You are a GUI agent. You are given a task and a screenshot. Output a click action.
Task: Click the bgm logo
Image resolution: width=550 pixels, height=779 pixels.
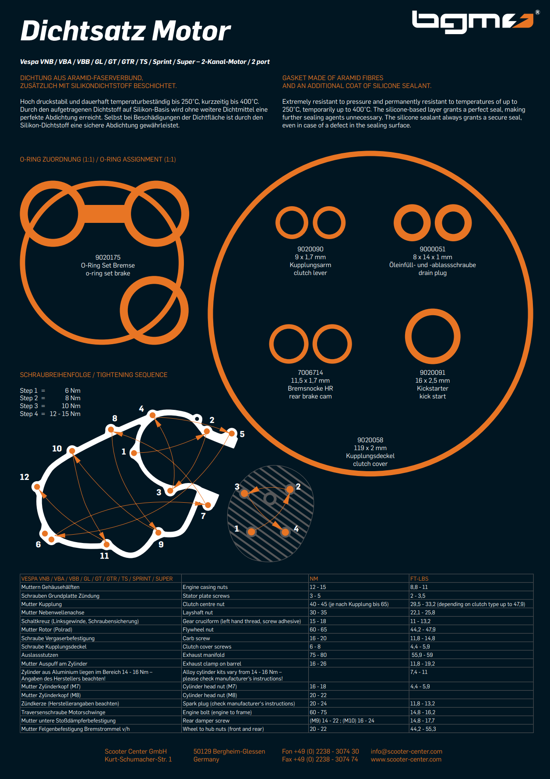coord(473,22)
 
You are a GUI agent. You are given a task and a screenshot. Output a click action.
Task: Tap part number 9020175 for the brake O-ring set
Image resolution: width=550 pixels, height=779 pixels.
coord(108,257)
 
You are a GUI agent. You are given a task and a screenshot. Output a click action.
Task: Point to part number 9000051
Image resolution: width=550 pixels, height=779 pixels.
coord(433,249)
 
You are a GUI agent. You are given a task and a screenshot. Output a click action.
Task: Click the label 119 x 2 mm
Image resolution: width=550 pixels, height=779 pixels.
coord(370,448)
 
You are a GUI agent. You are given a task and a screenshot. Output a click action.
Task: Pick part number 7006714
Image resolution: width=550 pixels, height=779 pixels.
coord(310,373)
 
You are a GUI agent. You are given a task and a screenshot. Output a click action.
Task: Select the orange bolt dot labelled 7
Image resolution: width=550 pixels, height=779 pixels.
coord(208,505)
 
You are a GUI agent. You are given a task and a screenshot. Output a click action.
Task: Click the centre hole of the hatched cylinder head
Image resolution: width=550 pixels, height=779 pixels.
coord(270,498)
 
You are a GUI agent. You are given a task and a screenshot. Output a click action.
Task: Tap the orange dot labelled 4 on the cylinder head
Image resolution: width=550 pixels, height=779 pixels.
coord(285,532)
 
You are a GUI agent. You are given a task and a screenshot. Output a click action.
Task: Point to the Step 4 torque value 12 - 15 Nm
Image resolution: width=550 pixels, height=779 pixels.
coord(65,414)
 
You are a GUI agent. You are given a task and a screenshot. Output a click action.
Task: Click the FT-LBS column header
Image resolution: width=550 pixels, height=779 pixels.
coord(420,578)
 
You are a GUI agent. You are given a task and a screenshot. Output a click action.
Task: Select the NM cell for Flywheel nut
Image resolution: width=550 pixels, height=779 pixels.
coord(318,629)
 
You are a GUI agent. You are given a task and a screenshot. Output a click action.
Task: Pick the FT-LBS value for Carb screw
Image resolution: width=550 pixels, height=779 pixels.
coord(423,638)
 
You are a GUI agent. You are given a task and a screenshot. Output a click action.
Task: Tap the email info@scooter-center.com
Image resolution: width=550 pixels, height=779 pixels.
coord(406,751)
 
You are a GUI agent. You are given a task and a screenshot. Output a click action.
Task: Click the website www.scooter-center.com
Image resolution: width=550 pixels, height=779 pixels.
coord(406,759)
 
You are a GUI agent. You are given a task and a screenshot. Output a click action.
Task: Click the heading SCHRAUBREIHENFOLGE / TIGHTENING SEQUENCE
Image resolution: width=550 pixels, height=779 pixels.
coord(94,375)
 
